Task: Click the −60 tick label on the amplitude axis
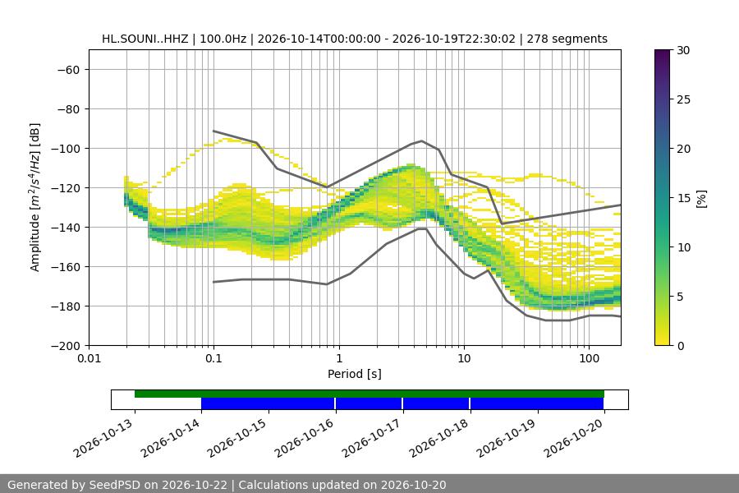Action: (x=68, y=70)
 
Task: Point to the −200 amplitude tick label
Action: (x=66, y=346)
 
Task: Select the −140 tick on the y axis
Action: (x=66, y=228)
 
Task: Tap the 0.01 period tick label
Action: (x=89, y=358)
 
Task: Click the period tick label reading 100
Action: (x=589, y=358)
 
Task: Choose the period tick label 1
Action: (x=339, y=358)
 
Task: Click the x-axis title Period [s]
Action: (x=355, y=374)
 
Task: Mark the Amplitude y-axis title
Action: (x=34, y=197)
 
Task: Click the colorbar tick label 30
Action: (x=683, y=50)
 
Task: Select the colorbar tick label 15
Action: (x=683, y=198)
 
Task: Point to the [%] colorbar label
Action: (x=702, y=199)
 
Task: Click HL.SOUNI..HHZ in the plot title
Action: (x=145, y=39)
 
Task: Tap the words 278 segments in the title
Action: (x=567, y=39)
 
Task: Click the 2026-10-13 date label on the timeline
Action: (x=103, y=438)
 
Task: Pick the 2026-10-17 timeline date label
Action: (x=372, y=438)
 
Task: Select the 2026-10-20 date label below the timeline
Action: (x=574, y=438)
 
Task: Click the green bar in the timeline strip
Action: (x=369, y=394)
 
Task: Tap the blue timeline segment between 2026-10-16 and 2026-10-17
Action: (x=369, y=403)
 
